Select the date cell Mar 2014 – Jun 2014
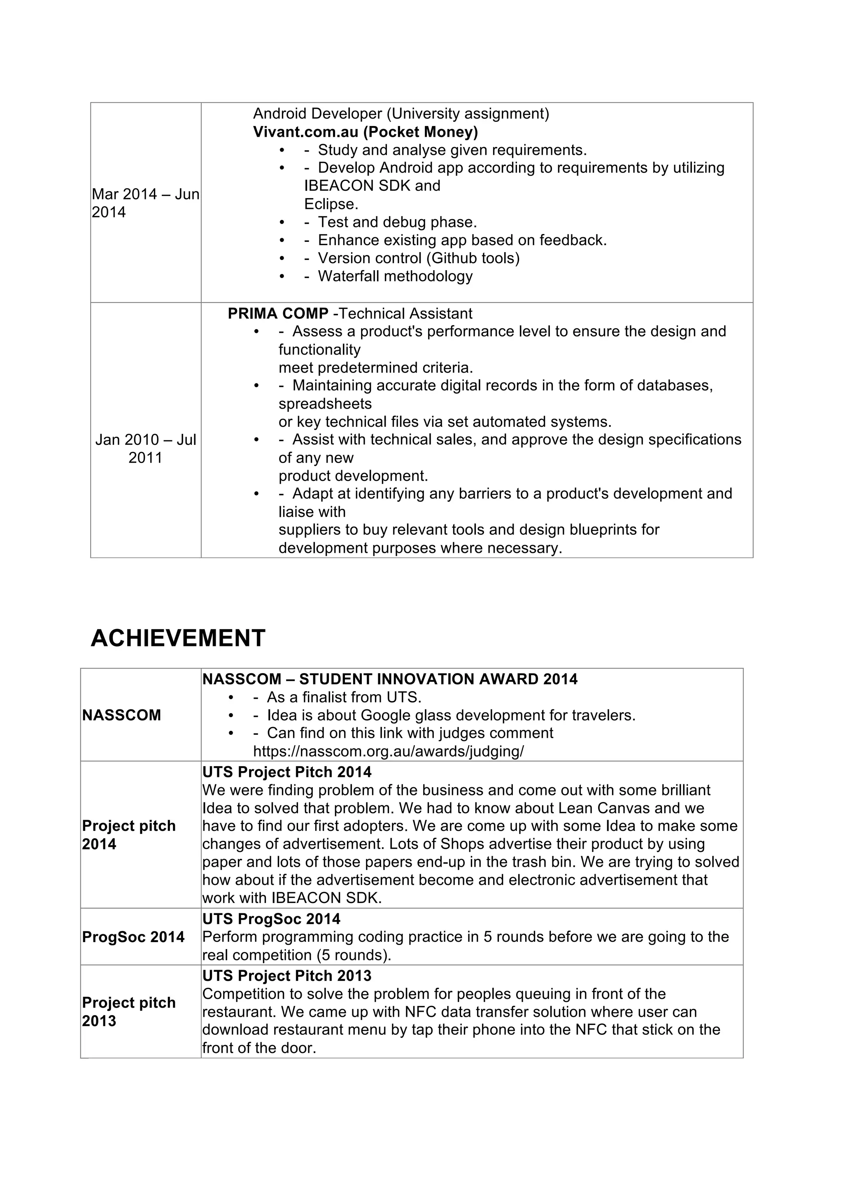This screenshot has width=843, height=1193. [x=145, y=203]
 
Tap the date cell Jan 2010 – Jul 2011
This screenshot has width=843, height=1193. [x=145, y=449]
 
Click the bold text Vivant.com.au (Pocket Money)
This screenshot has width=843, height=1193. [x=366, y=132]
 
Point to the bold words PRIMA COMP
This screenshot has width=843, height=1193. [x=278, y=313]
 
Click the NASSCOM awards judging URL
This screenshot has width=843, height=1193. [x=388, y=751]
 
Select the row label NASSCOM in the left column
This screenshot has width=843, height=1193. [x=121, y=715]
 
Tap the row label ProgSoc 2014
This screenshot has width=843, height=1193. [x=133, y=937]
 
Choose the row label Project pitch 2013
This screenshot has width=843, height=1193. [x=129, y=1012]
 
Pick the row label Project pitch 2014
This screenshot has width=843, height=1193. [x=129, y=835]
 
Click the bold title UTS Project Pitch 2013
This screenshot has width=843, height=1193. [x=286, y=976]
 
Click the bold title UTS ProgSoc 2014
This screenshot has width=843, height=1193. [x=271, y=919]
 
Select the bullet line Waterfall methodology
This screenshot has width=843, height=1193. [x=395, y=276]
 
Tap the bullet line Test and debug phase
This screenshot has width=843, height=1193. [x=397, y=222]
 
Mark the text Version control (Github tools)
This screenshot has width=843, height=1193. [x=418, y=258]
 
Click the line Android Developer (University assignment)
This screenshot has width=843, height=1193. [x=401, y=113]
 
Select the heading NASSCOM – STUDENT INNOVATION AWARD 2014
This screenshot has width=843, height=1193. [x=389, y=679]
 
